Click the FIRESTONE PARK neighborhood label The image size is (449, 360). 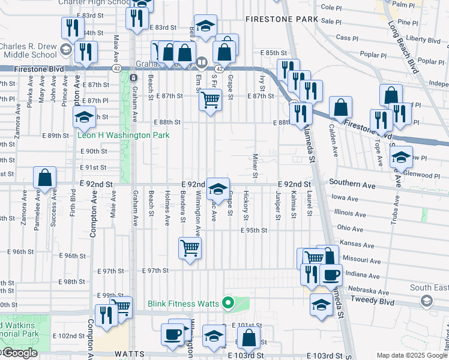pos(282,19)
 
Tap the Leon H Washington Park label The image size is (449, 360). pos(123,136)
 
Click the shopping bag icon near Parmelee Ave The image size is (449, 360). pos(44,178)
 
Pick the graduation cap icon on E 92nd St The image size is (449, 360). pos(217,190)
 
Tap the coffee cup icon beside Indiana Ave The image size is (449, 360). pos(330,275)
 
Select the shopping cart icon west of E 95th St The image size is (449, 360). pos(190,247)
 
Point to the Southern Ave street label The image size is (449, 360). pos(352,186)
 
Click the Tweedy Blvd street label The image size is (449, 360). pos(370,299)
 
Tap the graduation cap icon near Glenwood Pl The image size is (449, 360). pos(401,157)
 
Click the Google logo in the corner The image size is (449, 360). pos(19,353)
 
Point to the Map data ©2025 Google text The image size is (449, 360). pos(411,355)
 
